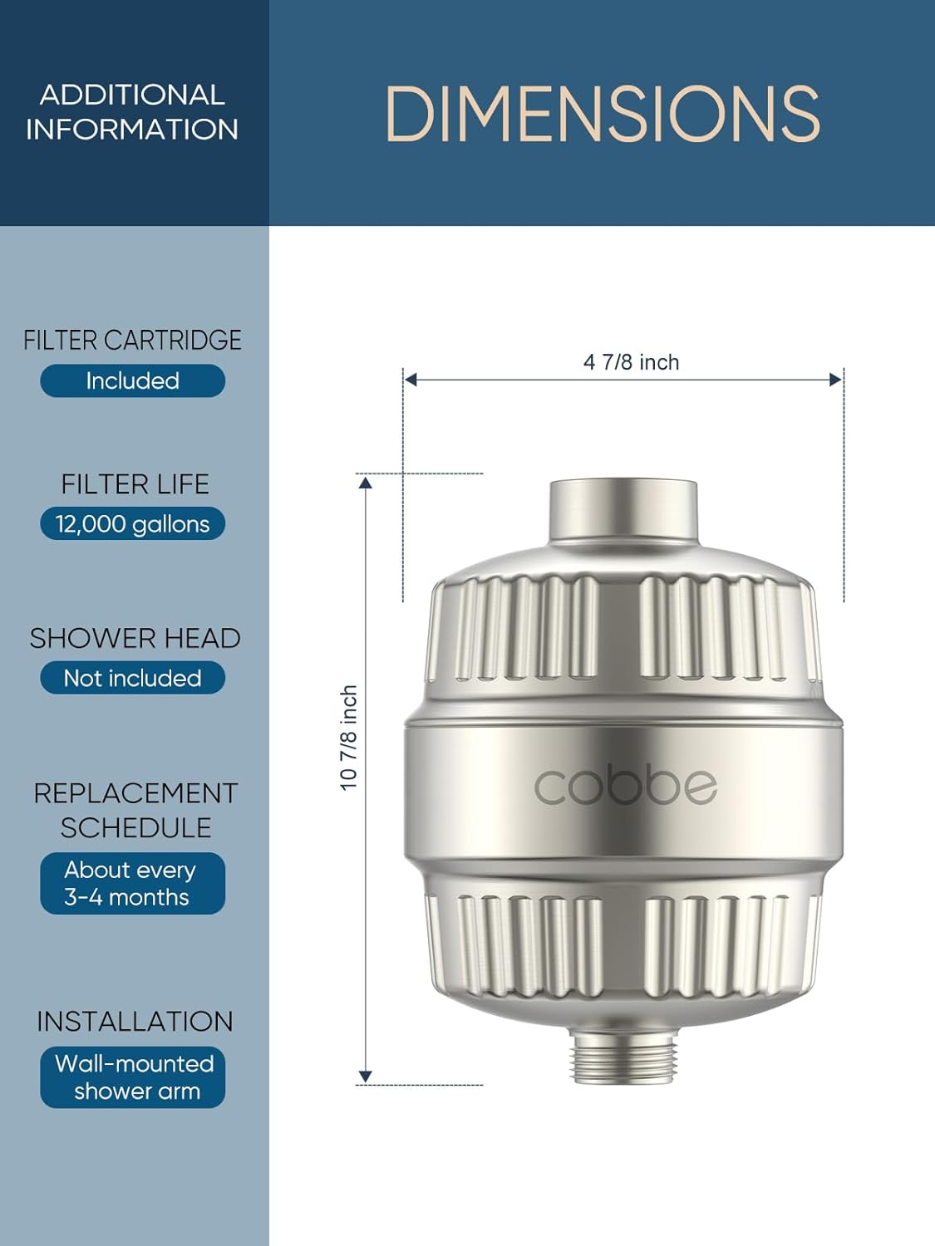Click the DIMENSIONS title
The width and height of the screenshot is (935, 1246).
click(603, 114)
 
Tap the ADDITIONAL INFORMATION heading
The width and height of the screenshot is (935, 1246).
click(132, 112)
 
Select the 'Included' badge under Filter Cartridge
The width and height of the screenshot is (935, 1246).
click(132, 380)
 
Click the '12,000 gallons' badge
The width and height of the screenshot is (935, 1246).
click(132, 524)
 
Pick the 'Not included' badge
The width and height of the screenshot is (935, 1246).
click(132, 678)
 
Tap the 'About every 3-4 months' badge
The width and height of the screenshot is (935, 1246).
click(132, 883)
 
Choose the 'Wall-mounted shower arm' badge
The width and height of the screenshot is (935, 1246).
click(132, 1077)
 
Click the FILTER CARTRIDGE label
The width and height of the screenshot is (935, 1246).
click(132, 340)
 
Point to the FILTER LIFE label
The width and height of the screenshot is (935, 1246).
click(135, 484)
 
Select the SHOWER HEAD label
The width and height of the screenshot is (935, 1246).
click(135, 638)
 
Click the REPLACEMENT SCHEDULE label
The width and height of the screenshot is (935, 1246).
click(135, 810)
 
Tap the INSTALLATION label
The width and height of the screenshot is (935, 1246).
click(135, 1021)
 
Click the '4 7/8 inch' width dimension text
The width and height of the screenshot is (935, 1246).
click(631, 362)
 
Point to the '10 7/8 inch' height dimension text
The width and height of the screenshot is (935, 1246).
click(349, 737)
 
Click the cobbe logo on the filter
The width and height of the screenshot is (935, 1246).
click(624, 786)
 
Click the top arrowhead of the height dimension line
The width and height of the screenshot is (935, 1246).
click(366, 482)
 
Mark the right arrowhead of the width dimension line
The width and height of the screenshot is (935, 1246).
click(836, 380)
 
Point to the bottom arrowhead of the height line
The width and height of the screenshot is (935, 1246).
click(366, 1077)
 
